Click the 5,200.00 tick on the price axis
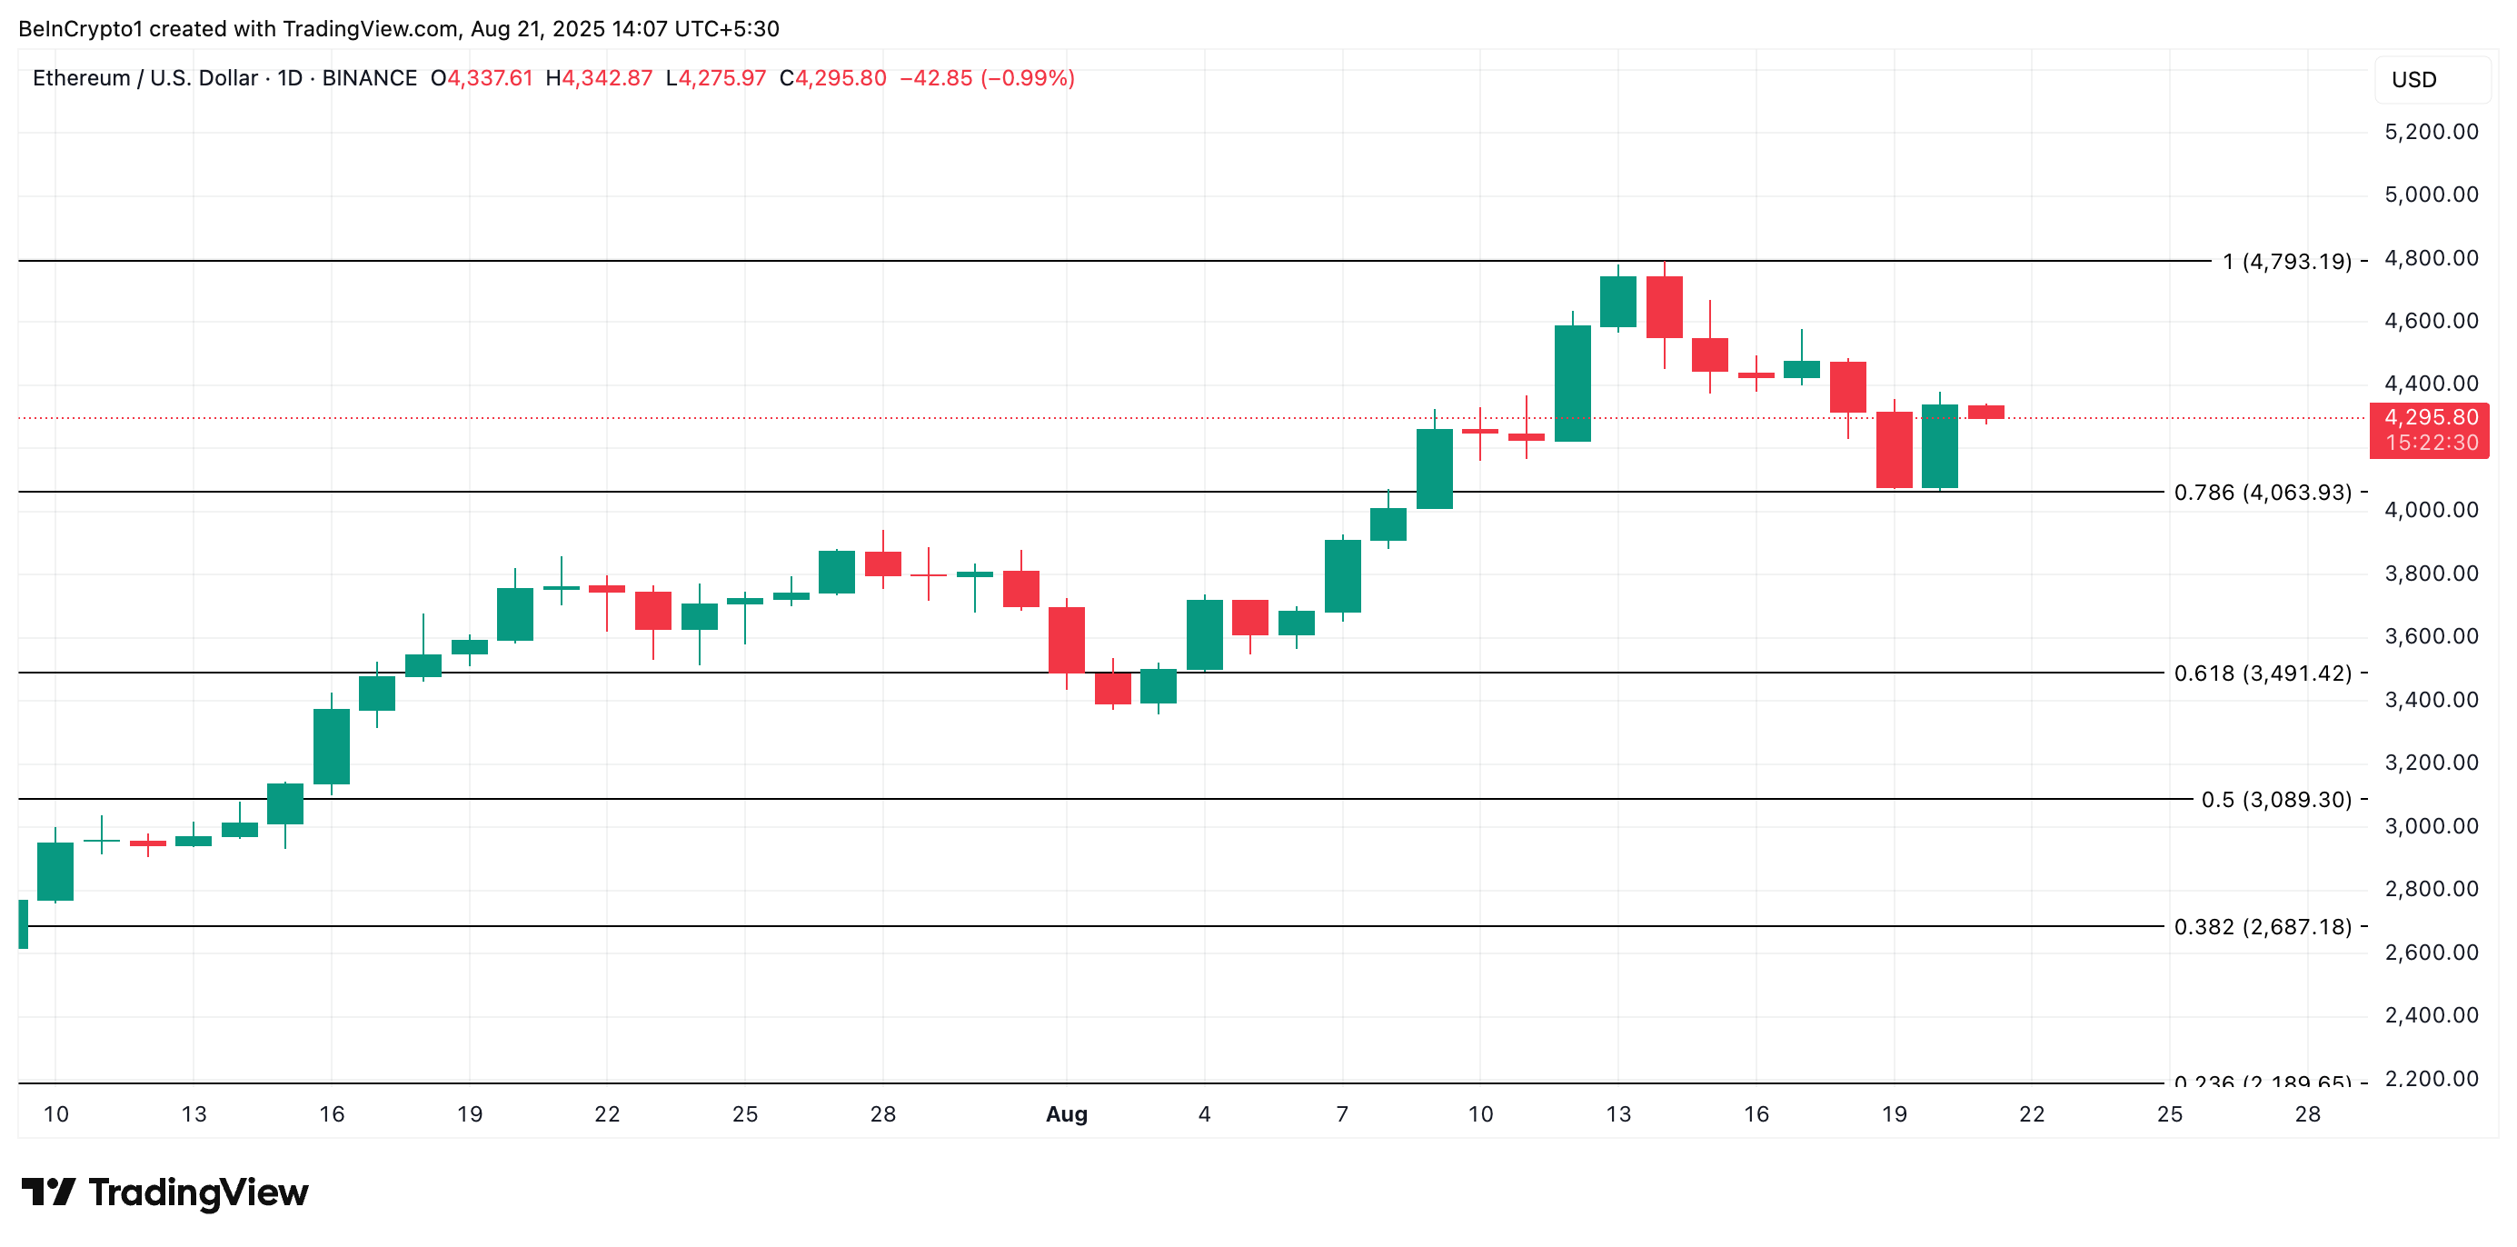point(2431,132)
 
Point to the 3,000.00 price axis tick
point(2431,826)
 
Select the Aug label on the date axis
point(1066,1114)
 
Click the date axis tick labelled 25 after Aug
point(2169,1114)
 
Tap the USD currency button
point(2413,80)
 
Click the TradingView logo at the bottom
point(164,1192)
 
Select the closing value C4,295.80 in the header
point(832,78)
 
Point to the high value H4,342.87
point(598,78)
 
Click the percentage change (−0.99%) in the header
point(1027,78)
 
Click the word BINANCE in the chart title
point(369,78)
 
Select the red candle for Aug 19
point(1894,450)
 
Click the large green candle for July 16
point(332,745)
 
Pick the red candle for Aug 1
point(1066,640)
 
